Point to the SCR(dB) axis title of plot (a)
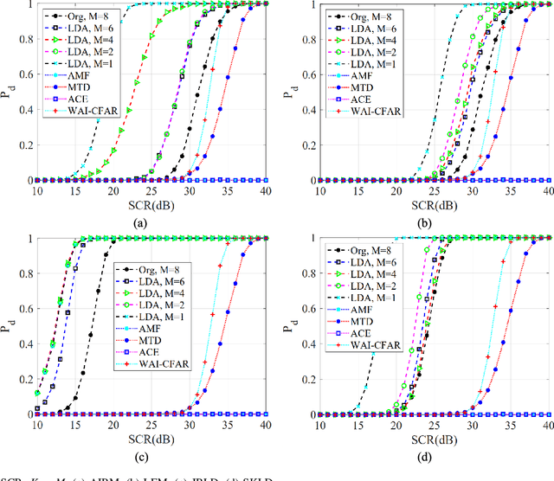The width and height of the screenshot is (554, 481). click(151, 204)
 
